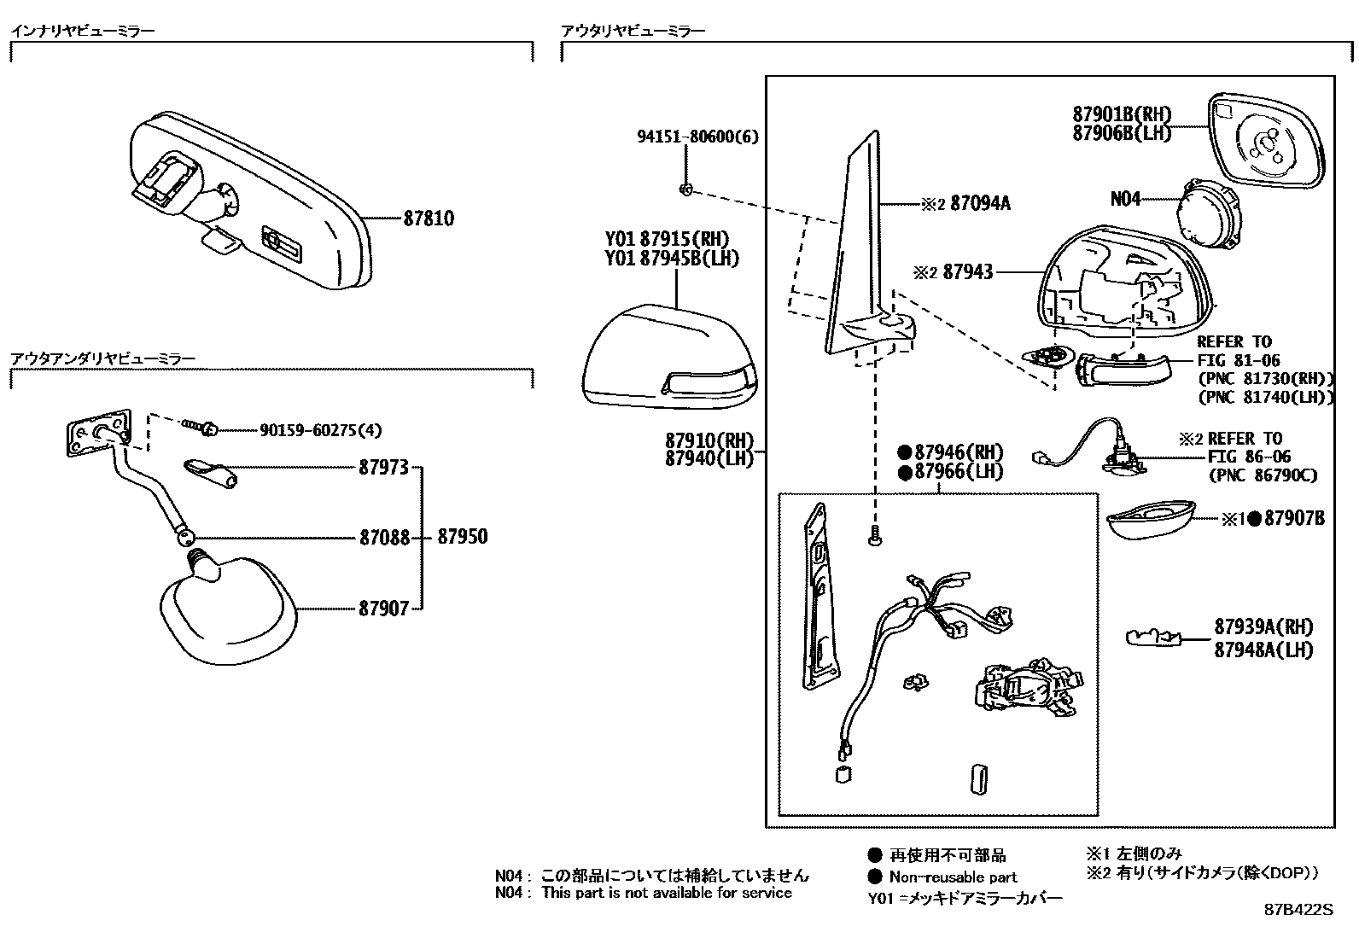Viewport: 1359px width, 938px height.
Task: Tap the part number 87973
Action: click(x=383, y=468)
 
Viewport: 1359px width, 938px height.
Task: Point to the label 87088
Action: click(x=383, y=538)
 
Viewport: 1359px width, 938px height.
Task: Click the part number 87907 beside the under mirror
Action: click(x=383, y=609)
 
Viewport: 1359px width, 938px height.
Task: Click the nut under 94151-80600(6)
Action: click(x=686, y=189)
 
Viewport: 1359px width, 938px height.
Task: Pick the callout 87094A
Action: click(x=979, y=204)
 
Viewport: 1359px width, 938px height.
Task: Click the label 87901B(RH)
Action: click(x=1122, y=114)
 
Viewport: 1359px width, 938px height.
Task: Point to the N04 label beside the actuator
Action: click(x=1125, y=199)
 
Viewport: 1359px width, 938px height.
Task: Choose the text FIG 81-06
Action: click(x=1238, y=361)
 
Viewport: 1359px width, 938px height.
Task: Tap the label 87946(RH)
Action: click(x=958, y=452)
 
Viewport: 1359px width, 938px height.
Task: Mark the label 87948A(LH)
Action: click(x=1264, y=650)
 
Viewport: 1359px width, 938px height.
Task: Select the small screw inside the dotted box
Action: click(x=875, y=538)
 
